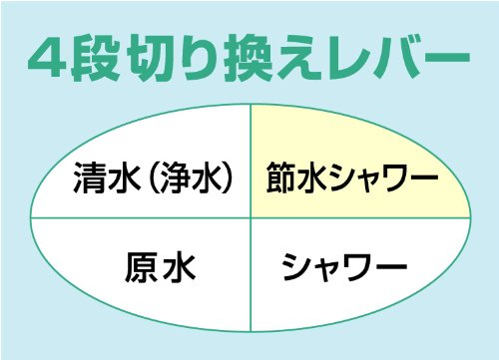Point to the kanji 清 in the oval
point(89,178)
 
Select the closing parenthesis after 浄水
point(227,178)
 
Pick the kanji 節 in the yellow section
point(282,178)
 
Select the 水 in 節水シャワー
point(313,178)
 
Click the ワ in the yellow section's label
point(391,178)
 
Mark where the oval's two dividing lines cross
point(250,218)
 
